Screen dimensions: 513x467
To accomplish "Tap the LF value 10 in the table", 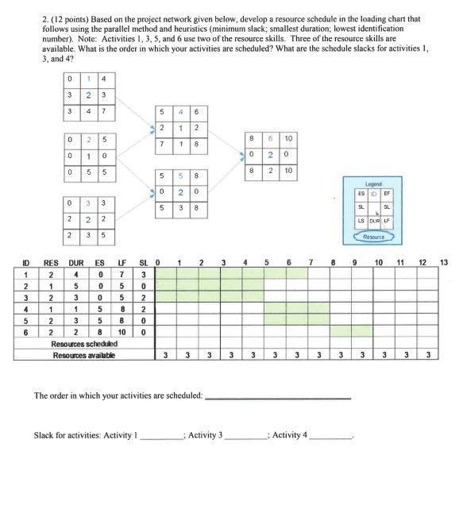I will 122,331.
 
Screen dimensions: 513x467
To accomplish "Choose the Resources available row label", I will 83,354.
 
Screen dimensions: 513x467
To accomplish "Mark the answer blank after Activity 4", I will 330,436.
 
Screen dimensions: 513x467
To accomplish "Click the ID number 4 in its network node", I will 180,112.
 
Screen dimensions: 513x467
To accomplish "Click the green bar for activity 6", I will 341,331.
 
